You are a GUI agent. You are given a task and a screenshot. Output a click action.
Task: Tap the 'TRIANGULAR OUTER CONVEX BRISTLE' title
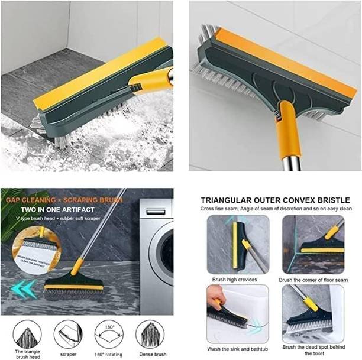[x=274, y=200]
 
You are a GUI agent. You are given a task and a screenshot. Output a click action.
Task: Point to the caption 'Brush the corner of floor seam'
[x=313, y=279]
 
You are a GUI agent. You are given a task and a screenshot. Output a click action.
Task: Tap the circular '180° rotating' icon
[x=108, y=334]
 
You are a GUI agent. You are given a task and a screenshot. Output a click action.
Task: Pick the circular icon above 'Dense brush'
[x=150, y=334]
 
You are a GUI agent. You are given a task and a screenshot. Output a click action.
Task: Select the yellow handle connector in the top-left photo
[x=148, y=80]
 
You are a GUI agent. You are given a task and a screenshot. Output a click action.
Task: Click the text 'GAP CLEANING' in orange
[x=27, y=200]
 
